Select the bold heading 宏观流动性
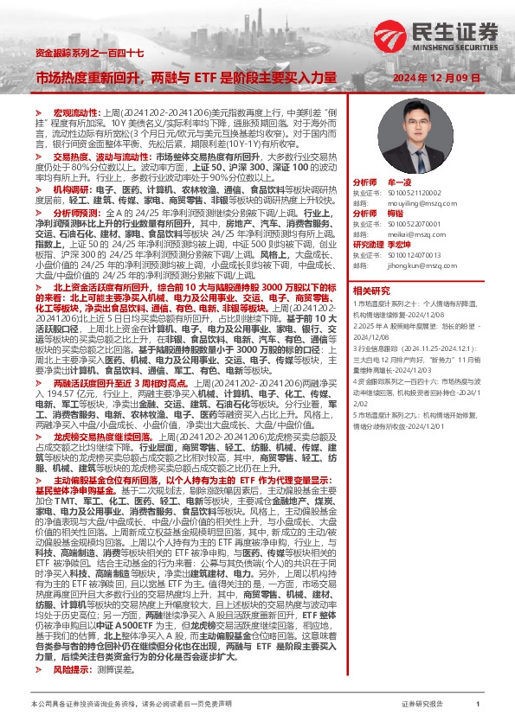(x=70, y=113)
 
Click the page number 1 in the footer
(x=478, y=705)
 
